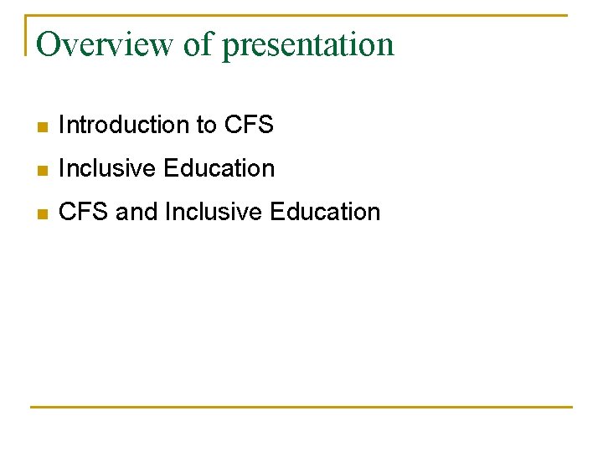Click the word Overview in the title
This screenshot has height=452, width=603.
click(105, 44)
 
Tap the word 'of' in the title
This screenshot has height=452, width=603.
click(198, 44)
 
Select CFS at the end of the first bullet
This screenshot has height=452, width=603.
click(249, 126)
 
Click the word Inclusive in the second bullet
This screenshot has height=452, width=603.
click(108, 169)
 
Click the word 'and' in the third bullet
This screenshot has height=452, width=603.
click(137, 213)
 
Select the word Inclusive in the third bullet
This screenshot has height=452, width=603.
click(214, 213)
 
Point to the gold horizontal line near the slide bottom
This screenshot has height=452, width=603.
click(301, 407)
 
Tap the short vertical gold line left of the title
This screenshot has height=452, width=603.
click(26, 35)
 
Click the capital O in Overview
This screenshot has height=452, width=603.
click(48, 44)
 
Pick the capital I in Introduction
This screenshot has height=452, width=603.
click(62, 126)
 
